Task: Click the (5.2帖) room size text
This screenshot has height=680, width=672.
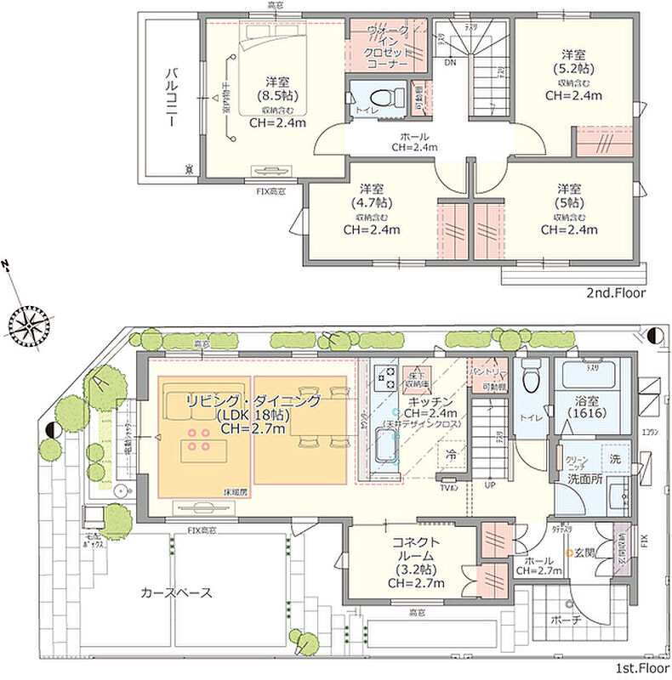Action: (x=573, y=67)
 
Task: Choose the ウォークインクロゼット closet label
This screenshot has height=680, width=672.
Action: (x=388, y=47)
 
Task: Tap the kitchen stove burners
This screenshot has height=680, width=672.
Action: (x=383, y=377)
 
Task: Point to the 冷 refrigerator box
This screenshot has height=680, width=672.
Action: (x=450, y=456)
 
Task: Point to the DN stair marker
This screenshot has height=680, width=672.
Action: (x=448, y=63)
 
